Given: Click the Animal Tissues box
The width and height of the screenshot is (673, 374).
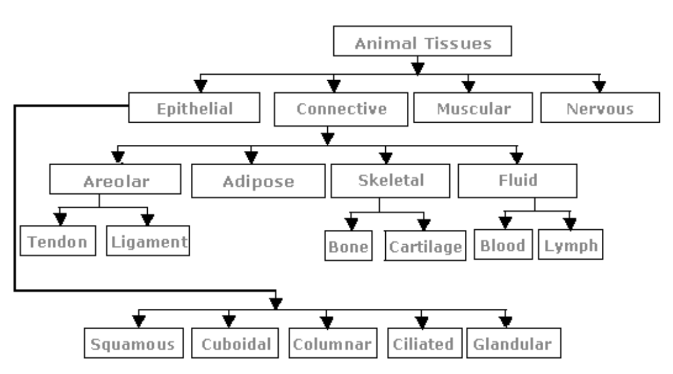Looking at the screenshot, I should (422, 44).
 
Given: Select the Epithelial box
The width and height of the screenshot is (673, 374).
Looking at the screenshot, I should (195, 108).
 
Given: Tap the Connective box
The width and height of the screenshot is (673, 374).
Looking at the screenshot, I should (341, 110).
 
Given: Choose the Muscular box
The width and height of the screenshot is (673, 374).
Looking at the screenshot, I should (473, 108).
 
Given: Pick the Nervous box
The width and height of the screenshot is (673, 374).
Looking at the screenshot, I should (599, 108).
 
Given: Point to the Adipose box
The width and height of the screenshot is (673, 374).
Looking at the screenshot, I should (258, 181).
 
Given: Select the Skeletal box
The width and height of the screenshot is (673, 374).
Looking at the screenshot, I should (391, 181).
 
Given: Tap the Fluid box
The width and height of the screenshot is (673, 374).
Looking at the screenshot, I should (517, 180).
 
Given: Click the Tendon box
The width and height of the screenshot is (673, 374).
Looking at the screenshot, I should (58, 242).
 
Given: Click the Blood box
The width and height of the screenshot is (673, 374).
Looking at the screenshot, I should (503, 245).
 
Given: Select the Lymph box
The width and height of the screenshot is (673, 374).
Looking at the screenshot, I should (570, 245).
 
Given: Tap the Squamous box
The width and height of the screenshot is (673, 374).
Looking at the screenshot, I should (133, 343).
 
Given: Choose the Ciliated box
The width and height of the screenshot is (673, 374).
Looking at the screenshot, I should (423, 343).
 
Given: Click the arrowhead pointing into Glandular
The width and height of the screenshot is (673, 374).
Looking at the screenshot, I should (506, 320).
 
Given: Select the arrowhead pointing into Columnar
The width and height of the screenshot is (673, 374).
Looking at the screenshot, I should (326, 320).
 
